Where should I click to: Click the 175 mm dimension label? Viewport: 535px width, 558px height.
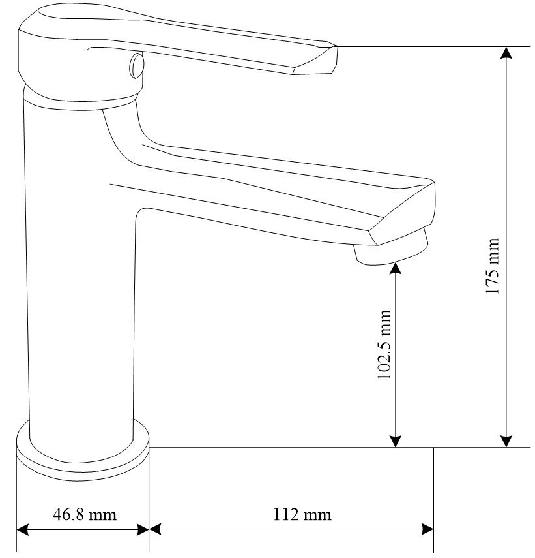(493, 266)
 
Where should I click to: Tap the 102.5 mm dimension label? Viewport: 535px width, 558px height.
(384, 345)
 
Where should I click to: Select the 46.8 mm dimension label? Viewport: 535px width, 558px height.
(85, 514)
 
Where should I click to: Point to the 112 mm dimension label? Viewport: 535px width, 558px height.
(302, 514)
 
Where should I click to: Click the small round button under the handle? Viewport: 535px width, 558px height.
(136, 65)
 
